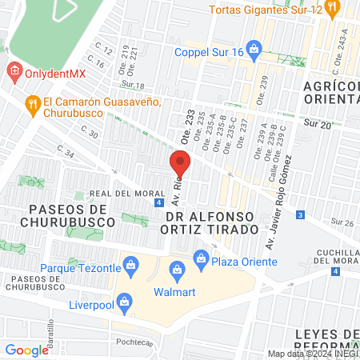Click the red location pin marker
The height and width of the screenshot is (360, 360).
click(x=179, y=164)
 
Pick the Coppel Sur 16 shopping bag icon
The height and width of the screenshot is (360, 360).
click(x=254, y=49)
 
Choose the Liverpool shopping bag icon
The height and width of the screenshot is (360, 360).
click(x=124, y=302)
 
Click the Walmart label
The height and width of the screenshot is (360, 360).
click(x=175, y=290)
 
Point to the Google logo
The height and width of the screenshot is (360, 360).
click(x=26, y=350)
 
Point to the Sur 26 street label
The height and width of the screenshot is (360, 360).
click(x=342, y=222)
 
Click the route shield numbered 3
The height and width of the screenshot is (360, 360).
click(x=299, y=215)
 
